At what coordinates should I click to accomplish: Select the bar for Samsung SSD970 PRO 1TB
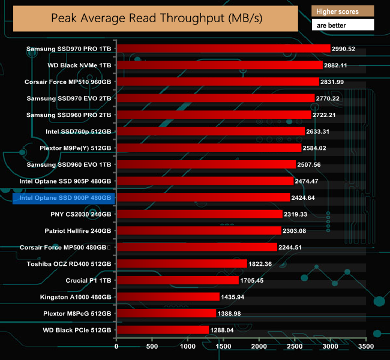(223, 49)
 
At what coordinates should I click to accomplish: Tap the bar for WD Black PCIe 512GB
(163, 329)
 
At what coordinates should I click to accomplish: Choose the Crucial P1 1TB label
(88, 280)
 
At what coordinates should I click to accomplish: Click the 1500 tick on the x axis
(223, 346)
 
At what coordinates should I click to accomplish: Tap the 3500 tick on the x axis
(366, 346)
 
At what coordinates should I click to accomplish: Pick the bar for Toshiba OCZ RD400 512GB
(181, 263)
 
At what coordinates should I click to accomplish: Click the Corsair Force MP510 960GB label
(68, 82)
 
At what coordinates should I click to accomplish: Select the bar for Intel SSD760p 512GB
(211, 131)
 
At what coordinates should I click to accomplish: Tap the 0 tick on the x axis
(116, 346)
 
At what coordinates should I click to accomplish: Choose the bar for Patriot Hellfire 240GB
(199, 230)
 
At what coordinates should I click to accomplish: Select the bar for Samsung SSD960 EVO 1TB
(206, 164)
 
